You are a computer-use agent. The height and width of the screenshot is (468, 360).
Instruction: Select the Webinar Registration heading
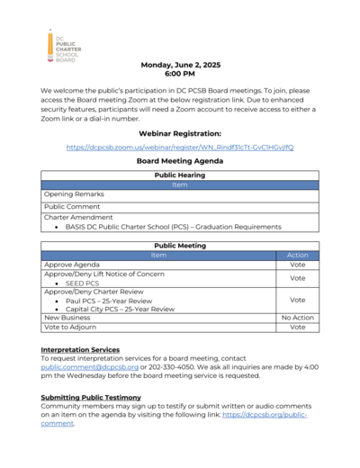180,132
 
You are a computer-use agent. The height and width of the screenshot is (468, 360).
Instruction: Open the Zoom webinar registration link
180,147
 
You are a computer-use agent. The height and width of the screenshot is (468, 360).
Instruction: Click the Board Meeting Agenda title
180,161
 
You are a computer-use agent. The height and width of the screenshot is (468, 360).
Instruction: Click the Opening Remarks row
74,194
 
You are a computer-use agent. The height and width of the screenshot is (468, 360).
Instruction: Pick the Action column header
297,256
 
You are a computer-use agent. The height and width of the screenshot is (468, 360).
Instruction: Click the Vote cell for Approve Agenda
297,265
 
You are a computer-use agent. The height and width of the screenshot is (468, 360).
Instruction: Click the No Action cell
297,318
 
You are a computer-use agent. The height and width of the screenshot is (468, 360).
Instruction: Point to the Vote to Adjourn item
71,328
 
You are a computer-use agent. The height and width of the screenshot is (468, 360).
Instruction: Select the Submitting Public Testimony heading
91,397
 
